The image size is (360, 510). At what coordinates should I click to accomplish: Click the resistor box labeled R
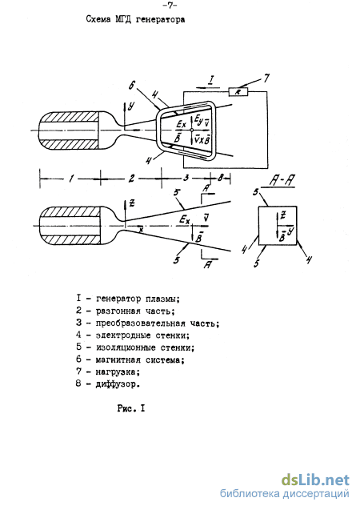click(x=238, y=92)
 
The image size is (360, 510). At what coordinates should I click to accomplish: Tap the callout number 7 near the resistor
click(x=266, y=78)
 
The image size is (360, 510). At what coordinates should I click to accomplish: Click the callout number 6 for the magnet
click(x=132, y=86)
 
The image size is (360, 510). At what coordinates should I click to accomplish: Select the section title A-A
click(x=282, y=181)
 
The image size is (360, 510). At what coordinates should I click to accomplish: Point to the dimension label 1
click(x=71, y=179)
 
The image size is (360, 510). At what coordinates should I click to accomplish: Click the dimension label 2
click(x=131, y=179)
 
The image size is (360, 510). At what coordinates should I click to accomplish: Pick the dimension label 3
click(x=186, y=178)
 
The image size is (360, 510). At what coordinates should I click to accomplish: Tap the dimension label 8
click(x=221, y=178)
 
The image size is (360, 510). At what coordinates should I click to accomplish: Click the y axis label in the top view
click(x=131, y=106)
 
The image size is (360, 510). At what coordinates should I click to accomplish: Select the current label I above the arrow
click(x=211, y=79)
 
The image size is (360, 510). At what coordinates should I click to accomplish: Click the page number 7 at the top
click(x=170, y=5)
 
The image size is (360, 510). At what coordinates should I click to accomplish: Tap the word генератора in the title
click(x=161, y=20)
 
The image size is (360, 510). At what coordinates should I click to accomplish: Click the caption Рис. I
click(x=131, y=408)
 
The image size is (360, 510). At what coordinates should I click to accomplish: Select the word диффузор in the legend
click(x=118, y=384)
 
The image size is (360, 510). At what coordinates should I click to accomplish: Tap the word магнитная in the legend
click(x=118, y=359)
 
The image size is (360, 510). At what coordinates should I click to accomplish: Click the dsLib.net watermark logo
click(x=315, y=480)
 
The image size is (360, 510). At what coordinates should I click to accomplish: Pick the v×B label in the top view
click(x=202, y=139)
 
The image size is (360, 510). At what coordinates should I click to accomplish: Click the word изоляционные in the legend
click(x=126, y=347)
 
